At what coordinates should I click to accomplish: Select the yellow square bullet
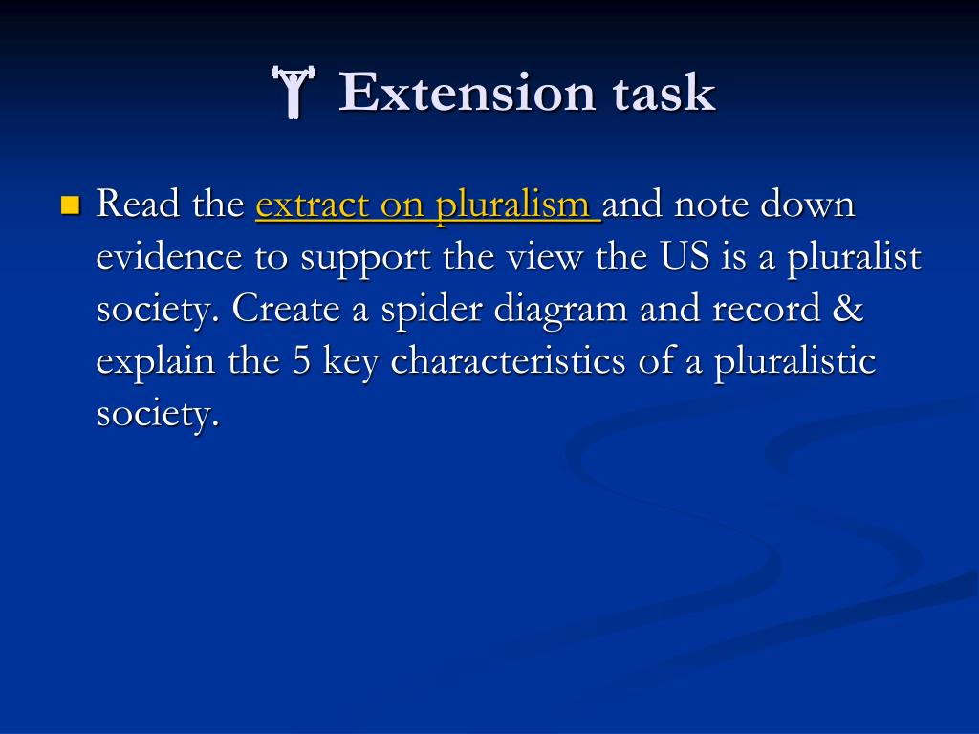coord(69,205)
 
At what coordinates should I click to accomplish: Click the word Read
coord(135,205)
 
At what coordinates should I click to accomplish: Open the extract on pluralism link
coord(426,205)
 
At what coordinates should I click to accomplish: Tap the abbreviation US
coord(680,258)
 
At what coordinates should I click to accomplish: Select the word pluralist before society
coord(855,258)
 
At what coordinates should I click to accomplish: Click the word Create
coord(280,310)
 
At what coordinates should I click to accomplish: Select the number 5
coord(302,362)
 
